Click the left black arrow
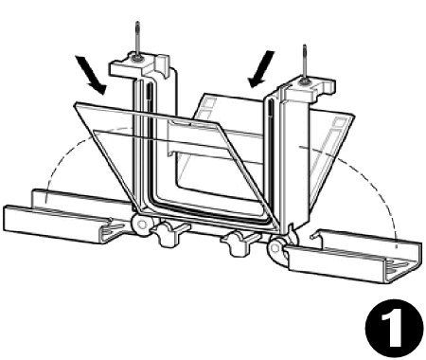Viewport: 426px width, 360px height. point(92,75)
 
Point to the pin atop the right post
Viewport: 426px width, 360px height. point(304,60)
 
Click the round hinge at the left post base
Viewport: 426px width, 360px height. point(142,225)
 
